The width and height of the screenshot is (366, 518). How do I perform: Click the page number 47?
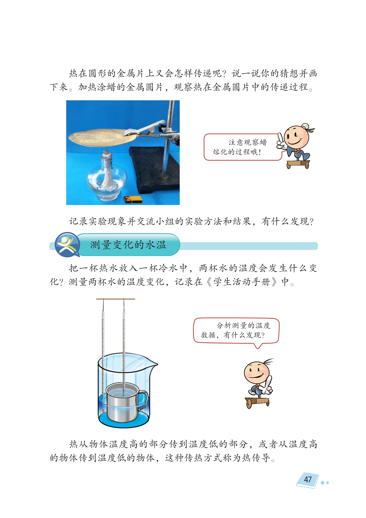(x=308, y=480)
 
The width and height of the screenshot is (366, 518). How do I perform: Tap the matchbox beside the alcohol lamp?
(x=133, y=199)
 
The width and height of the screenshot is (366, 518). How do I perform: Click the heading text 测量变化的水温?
(x=128, y=244)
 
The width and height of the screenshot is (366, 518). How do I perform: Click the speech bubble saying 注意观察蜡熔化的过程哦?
(x=243, y=147)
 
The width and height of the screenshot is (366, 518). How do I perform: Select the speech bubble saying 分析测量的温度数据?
(x=236, y=331)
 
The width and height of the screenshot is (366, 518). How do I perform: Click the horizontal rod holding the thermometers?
(x=115, y=299)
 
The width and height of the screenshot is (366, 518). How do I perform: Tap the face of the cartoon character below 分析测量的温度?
(x=257, y=373)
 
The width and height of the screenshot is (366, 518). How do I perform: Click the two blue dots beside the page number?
(x=325, y=483)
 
